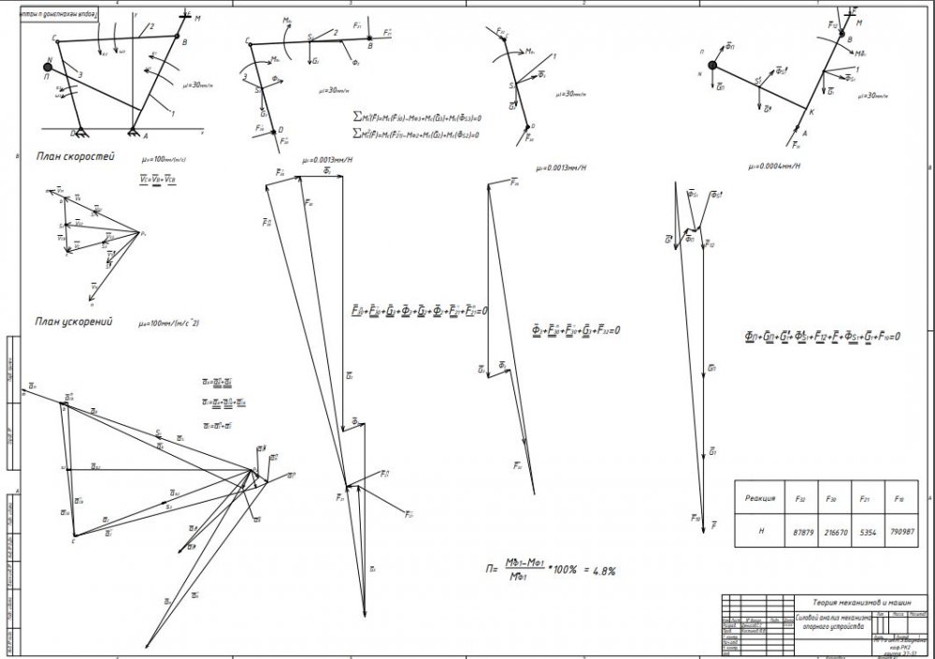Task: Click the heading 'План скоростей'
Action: point(74,156)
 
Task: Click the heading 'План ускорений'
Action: point(74,322)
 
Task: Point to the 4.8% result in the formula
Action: point(599,569)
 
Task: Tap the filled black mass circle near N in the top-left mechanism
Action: point(47,66)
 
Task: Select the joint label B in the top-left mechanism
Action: point(185,43)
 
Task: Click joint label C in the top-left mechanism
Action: point(56,39)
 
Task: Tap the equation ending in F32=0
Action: point(576,330)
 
